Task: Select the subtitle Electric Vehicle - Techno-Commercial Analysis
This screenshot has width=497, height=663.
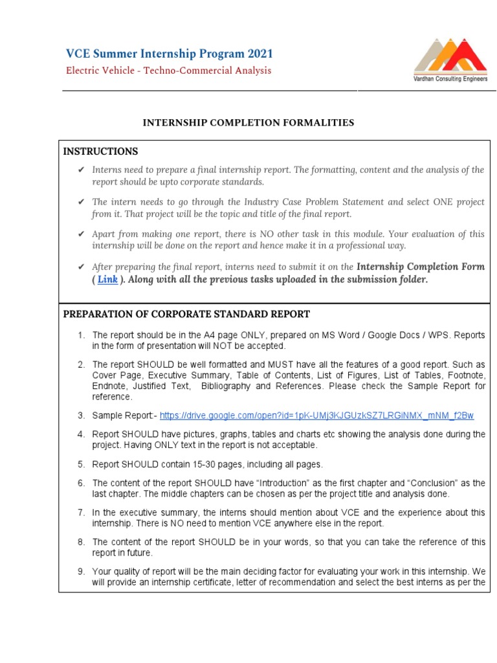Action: coord(169,71)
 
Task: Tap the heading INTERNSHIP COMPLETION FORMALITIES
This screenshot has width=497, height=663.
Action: coord(248,122)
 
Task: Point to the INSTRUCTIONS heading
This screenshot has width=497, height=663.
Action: coord(100,152)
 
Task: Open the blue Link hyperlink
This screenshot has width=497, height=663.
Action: coord(107,280)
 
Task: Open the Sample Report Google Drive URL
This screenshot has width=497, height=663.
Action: coord(316,415)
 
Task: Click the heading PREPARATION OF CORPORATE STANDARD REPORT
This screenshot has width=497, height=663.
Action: coord(186,314)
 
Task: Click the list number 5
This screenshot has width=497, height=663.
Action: coord(82,464)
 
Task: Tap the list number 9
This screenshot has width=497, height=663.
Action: coord(82,571)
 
